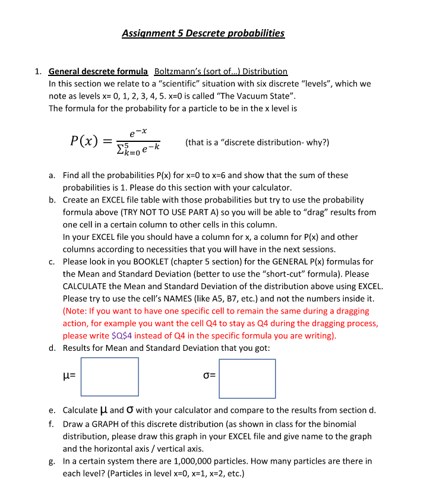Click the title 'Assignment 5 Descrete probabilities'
203,33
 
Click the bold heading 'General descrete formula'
98,71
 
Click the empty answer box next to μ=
109,376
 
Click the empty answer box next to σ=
246,379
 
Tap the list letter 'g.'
53,461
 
